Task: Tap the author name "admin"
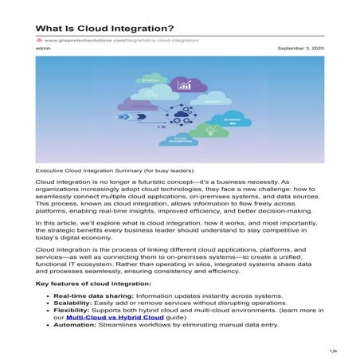pyautogui.click(x=44, y=49)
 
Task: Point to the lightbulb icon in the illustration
pyautogui.click(x=210, y=131)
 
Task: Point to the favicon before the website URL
pyautogui.click(x=39, y=40)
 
